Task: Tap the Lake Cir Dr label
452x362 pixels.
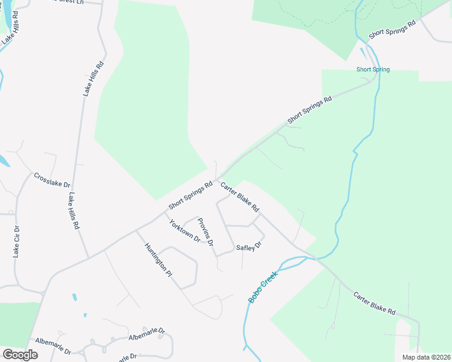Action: click(17, 242)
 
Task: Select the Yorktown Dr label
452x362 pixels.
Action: click(184, 230)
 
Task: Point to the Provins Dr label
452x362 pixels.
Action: click(206, 232)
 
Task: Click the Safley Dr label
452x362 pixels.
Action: click(248, 246)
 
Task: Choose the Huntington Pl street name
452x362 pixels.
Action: click(158, 259)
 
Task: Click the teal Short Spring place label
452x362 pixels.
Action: click(373, 69)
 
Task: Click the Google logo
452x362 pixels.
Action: click(20, 355)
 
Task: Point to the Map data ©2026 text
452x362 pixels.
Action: click(425, 357)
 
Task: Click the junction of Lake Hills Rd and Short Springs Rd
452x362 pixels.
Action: click(89, 258)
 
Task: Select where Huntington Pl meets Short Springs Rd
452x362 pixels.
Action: click(136, 230)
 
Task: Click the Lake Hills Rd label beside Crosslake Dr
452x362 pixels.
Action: click(74, 211)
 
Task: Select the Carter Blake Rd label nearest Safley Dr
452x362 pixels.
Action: click(240, 197)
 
